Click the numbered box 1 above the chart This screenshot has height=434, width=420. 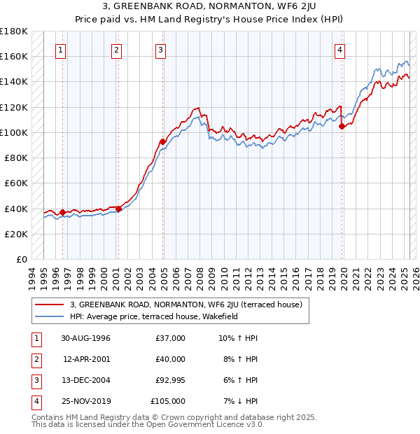(x=62, y=50)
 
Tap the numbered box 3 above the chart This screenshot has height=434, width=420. (x=160, y=50)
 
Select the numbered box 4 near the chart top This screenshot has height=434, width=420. (x=339, y=50)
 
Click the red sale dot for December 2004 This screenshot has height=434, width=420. (x=163, y=141)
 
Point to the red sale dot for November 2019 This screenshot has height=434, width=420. (x=342, y=127)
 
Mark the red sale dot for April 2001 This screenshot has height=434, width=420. (x=119, y=208)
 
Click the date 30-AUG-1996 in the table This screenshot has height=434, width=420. (x=85, y=338)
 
